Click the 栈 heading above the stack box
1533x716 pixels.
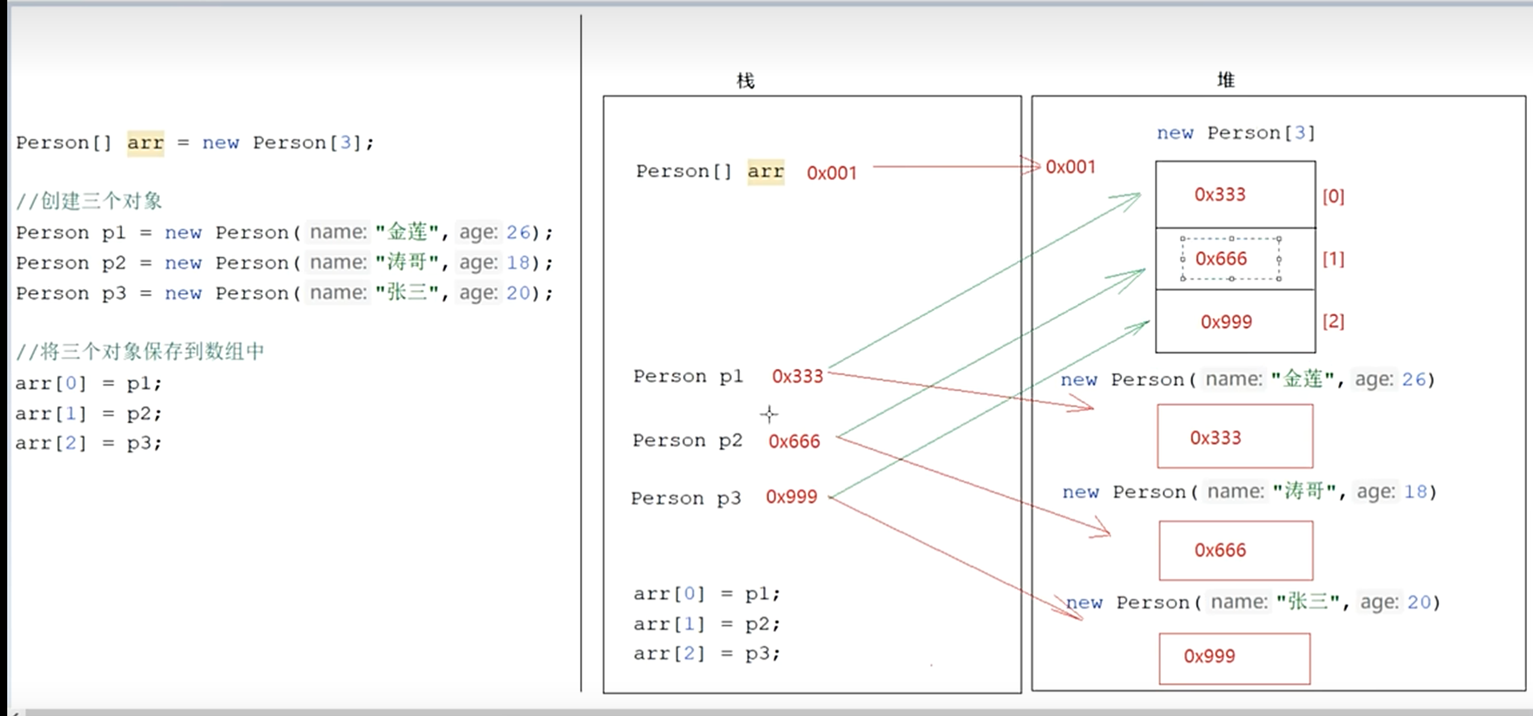coord(745,80)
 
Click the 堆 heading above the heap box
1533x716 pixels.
coord(1226,79)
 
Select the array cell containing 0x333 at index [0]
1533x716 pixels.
coord(1235,194)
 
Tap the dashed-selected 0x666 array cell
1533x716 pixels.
coord(1230,259)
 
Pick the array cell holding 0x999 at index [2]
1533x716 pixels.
coord(1235,321)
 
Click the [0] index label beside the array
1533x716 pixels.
coord(1333,196)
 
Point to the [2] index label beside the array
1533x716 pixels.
coord(1333,321)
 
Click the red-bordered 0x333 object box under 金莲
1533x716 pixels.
coord(1235,436)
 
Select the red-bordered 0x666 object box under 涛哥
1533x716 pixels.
coord(1236,550)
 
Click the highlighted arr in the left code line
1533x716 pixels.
coord(146,143)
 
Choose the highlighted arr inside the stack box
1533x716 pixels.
coord(766,172)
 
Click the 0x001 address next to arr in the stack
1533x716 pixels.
coord(831,173)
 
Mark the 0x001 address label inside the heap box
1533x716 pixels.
coord(1070,167)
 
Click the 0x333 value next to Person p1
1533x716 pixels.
coord(797,377)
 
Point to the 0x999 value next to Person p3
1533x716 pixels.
coord(791,497)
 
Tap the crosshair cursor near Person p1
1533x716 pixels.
coord(769,414)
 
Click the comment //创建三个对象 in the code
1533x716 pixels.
coord(89,201)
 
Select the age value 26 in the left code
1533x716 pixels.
coord(518,233)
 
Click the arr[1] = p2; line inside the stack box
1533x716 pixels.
coord(706,624)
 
